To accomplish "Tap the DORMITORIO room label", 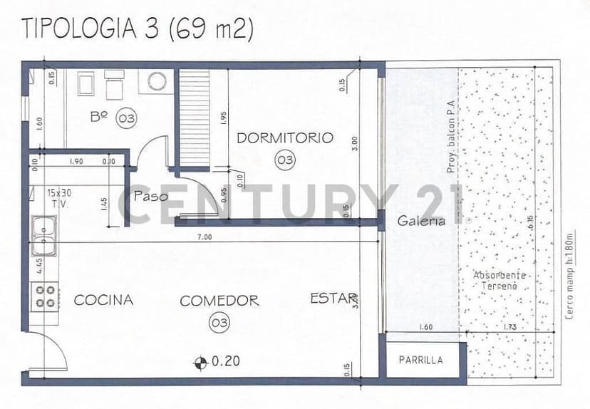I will click(285, 138).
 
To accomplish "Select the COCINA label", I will click(103, 300).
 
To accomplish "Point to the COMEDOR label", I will click(219, 301).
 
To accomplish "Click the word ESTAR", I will click(332, 299).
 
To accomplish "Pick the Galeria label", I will click(422, 221).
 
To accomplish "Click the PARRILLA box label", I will click(420, 360).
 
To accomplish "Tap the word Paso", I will click(150, 196).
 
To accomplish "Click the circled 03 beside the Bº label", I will click(126, 118).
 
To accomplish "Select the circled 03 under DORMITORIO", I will click(285, 160).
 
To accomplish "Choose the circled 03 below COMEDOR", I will click(219, 323).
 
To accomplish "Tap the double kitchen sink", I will click(45, 236).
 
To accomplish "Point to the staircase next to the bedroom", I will click(194, 118).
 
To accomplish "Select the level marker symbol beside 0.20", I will click(201, 361).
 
